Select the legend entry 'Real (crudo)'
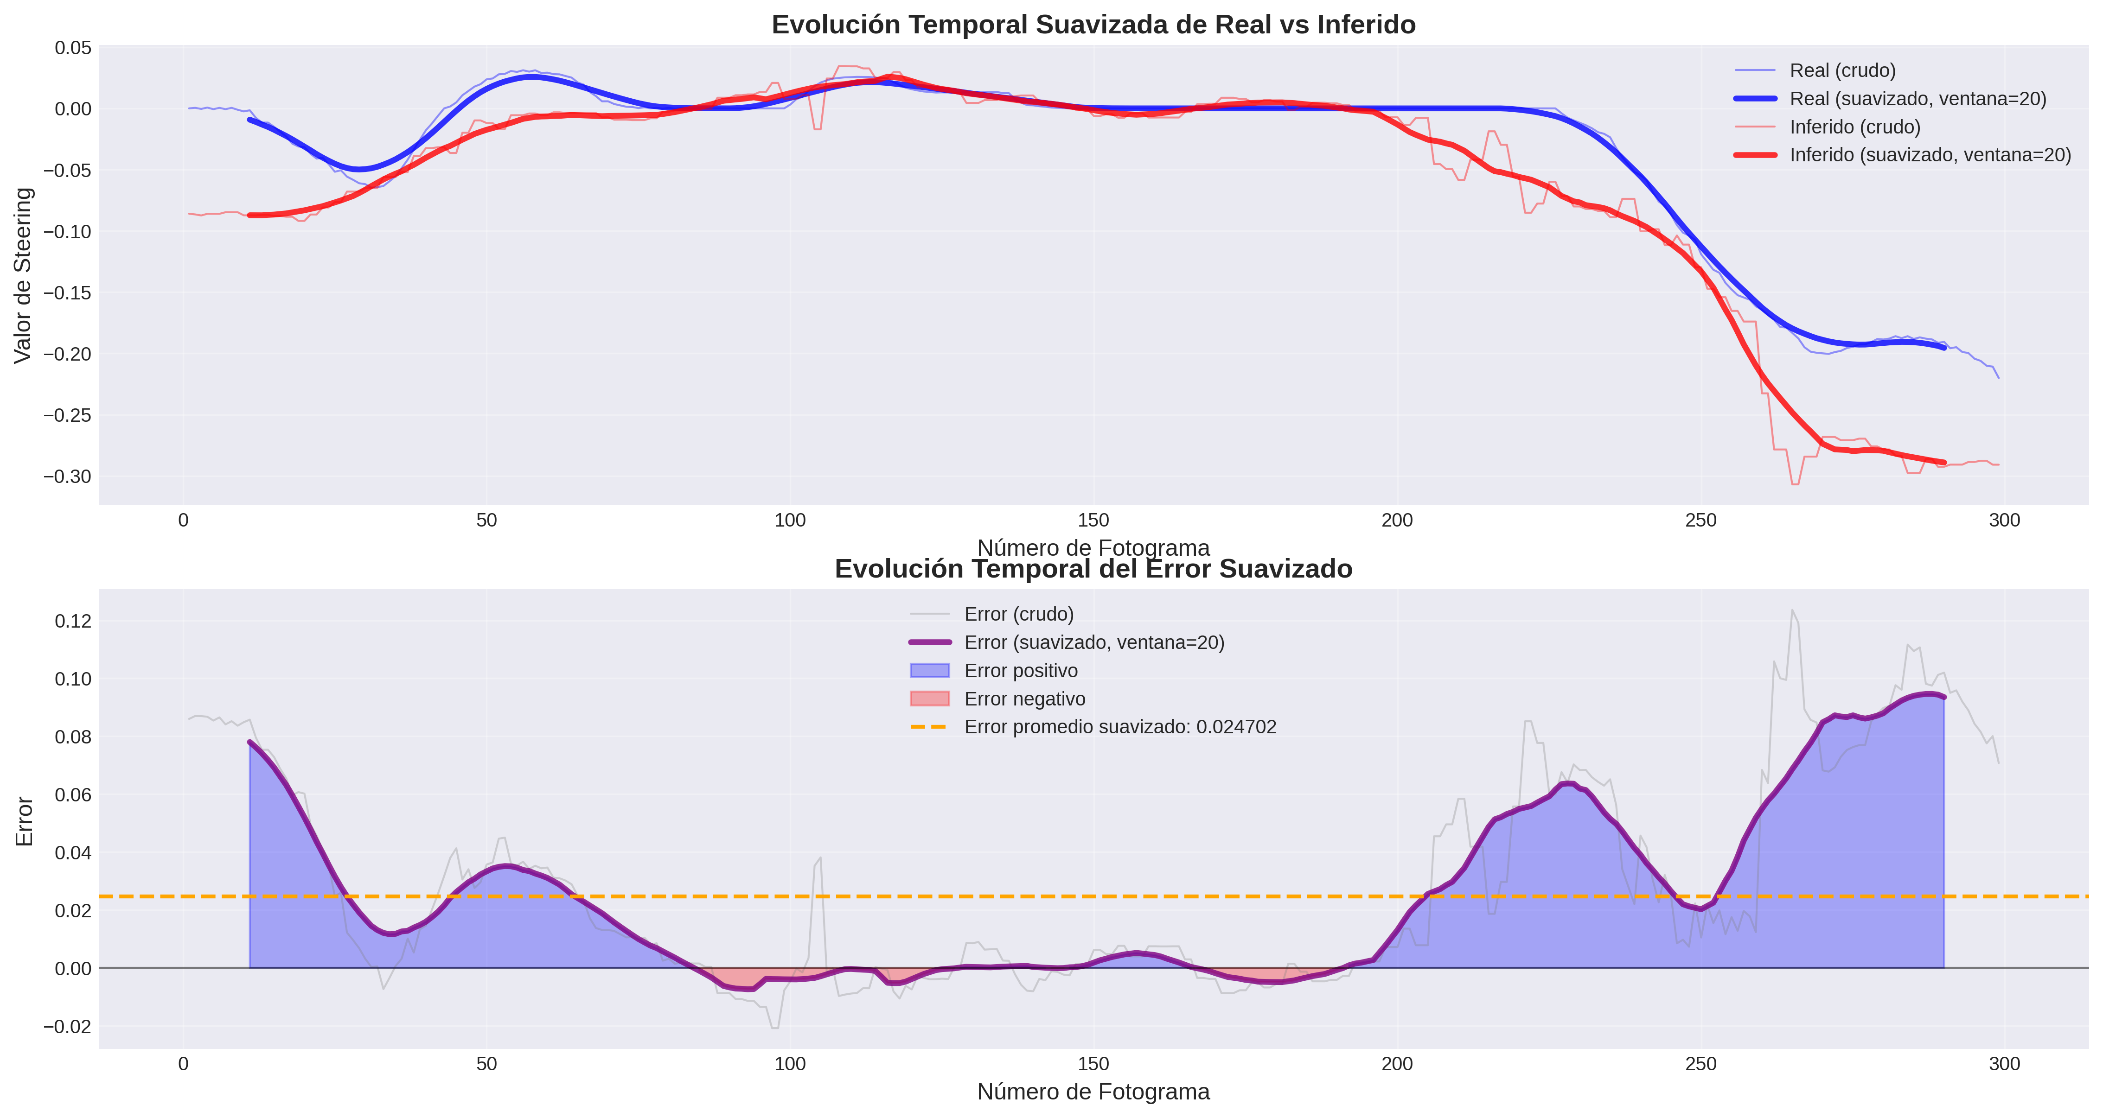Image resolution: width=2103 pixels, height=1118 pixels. tap(1842, 70)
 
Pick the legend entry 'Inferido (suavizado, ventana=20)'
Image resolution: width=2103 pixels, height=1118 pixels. tap(1930, 155)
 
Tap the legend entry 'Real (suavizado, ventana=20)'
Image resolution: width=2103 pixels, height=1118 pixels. tap(1918, 99)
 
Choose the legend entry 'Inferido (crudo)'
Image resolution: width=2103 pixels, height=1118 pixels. tap(1855, 127)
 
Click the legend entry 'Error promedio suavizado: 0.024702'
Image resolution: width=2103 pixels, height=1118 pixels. tap(1119, 727)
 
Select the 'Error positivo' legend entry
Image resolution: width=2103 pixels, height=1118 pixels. tap(1021, 671)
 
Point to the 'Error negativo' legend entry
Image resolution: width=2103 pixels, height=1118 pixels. tap(1024, 699)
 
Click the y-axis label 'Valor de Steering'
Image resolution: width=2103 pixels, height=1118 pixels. tap(23, 275)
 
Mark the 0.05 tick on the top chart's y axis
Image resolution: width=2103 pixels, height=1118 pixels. tap(73, 48)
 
